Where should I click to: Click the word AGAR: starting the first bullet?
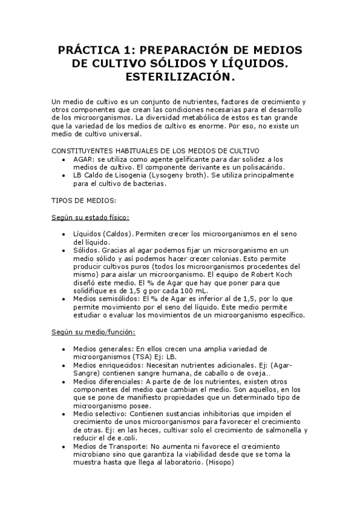tap(84, 158)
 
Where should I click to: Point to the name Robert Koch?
tap(279, 274)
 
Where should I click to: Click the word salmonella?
tap(278, 430)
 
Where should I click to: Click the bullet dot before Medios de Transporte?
tap(64, 447)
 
